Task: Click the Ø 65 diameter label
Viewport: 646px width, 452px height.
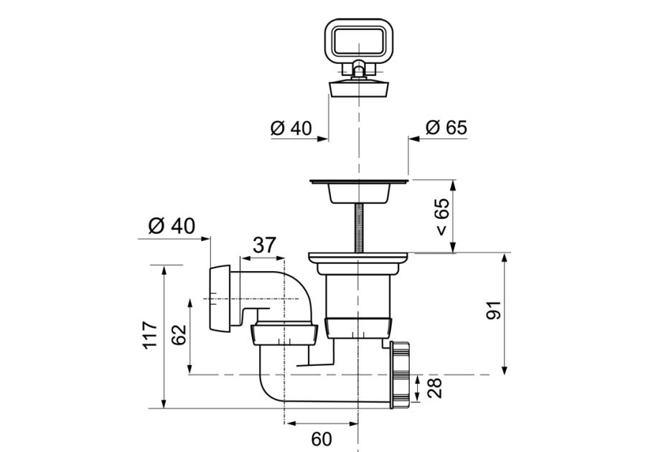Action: coord(446,127)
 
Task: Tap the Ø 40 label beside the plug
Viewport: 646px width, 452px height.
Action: coord(291,128)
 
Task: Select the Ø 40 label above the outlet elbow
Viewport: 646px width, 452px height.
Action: coord(172,226)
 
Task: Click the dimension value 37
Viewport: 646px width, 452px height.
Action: coord(263,245)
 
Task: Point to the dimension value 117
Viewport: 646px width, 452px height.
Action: coord(151,335)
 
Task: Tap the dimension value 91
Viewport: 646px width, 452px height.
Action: coord(494,310)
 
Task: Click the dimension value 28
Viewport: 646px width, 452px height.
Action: coord(434,387)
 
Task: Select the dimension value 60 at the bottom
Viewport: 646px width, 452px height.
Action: coord(322,439)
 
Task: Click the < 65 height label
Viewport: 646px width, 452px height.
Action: coord(441,217)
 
